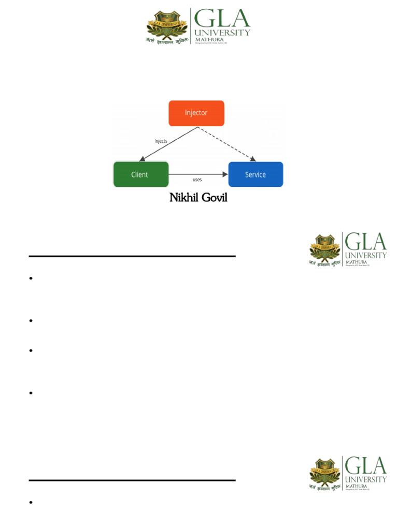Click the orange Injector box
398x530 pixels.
pyautogui.click(x=196, y=113)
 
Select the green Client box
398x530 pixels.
pyautogui.click(x=140, y=174)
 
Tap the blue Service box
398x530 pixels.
pyautogui.click(x=255, y=174)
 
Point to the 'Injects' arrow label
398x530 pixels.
pyautogui.click(x=161, y=141)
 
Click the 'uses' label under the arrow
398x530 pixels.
pyautogui.click(x=197, y=180)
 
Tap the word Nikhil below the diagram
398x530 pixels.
pyautogui.click(x=183, y=198)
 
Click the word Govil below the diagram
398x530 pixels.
pyautogui.click(x=214, y=198)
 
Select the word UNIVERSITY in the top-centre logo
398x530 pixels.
pyautogui.click(x=222, y=33)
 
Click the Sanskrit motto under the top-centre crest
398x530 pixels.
pyautogui.click(x=167, y=40)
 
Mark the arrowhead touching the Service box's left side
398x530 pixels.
pyautogui.click(x=225, y=174)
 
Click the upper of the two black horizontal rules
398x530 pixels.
pyautogui.click(x=132, y=256)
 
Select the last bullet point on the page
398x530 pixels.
pyautogui.click(x=31, y=503)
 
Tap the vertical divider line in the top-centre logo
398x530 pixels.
pyautogui.click(x=191, y=26)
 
